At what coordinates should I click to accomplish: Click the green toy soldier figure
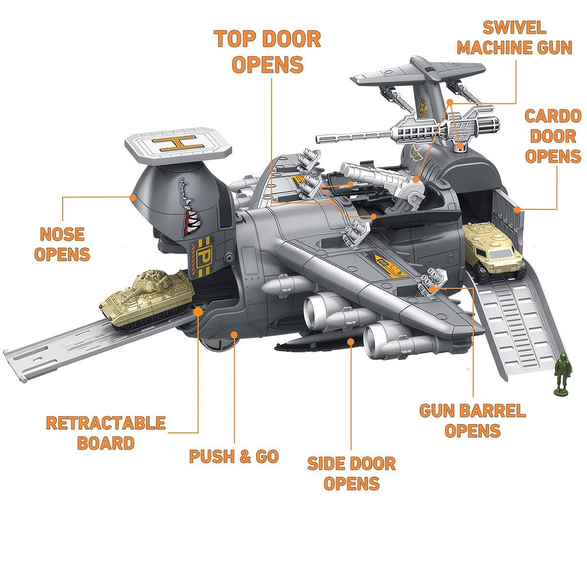(561, 375)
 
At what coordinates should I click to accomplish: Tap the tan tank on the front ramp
(145, 299)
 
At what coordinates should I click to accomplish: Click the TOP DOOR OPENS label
(268, 52)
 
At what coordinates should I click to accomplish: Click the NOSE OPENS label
(62, 244)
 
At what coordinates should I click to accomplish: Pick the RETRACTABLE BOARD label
(106, 432)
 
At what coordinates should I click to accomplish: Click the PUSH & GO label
(234, 456)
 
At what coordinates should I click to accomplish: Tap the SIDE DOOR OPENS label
(351, 473)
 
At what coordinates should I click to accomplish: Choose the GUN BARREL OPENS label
(473, 421)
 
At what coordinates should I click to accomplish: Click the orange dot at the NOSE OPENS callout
(133, 197)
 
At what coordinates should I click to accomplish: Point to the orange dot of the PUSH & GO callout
(234, 335)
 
